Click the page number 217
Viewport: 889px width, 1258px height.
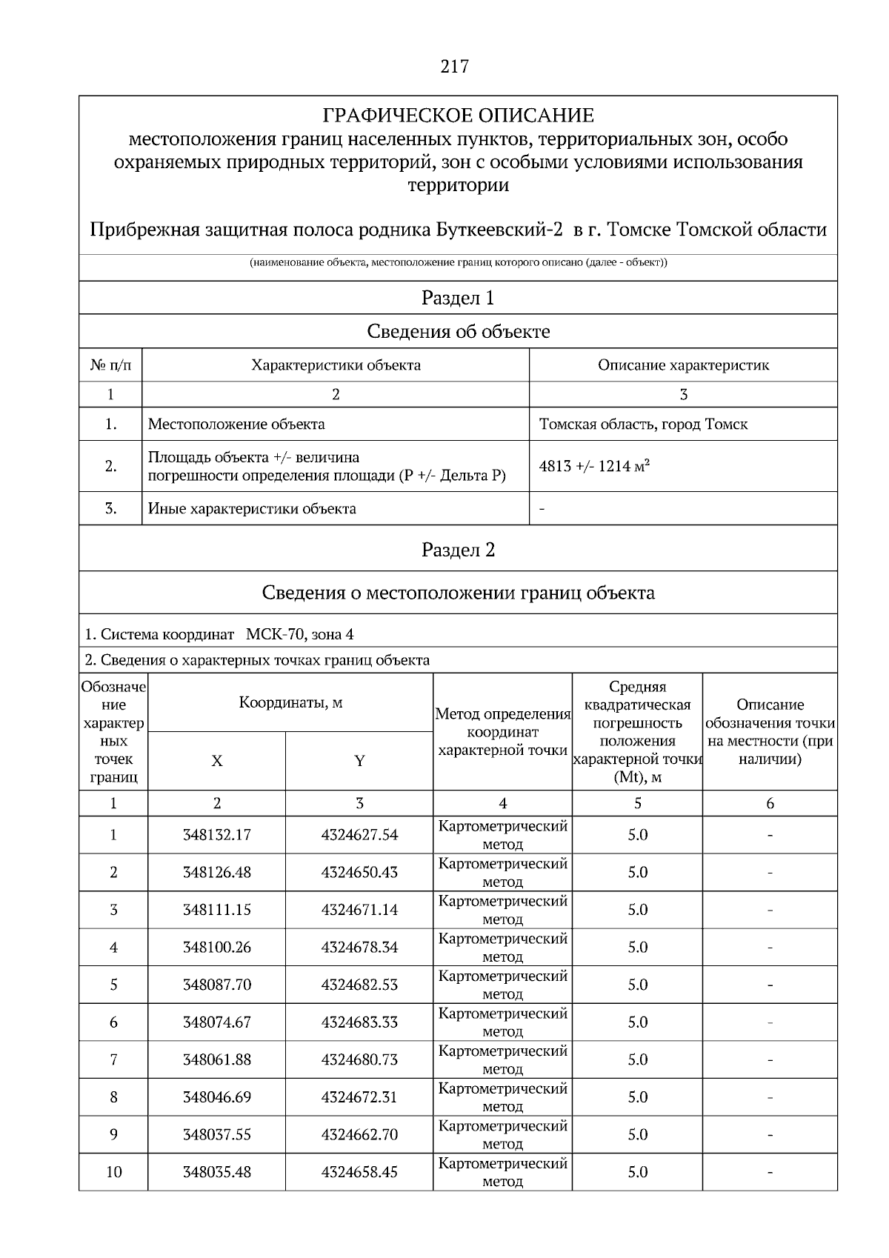pyautogui.click(x=454, y=67)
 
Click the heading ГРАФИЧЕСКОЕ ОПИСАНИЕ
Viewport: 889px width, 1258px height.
pyautogui.click(x=458, y=116)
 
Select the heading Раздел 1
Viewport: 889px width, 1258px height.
pyautogui.click(x=458, y=298)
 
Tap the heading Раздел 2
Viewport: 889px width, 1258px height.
pyautogui.click(x=458, y=550)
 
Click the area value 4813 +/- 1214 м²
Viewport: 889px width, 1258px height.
pyautogui.click(x=595, y=466)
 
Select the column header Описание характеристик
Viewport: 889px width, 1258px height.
pyautogui.click(x=683, y=365)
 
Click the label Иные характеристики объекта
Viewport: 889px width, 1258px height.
pyautogui.click(x=252, y=509)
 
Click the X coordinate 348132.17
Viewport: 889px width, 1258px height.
pyautogui.click(x=216, y=835)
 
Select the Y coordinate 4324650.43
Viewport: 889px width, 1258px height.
pyautogui.click(x=359, y=872)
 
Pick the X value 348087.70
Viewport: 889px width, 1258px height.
pyautogui.click(x=216, y=985)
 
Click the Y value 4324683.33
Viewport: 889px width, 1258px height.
pyautogui.click(x=359, y=1022)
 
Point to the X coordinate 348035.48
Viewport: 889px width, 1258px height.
pyautogui.click(x=216, y=1172)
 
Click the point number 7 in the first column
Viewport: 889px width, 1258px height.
pyautogui.click(x=113, y=1059)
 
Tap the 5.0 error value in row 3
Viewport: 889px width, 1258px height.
pyautogui.click(x=637, y=910)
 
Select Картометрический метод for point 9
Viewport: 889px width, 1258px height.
pyautogui.click(x=502, y=1134)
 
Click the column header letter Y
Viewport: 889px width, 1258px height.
pyautogui.click(x=359, y=761)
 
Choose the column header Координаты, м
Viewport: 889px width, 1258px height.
pyautogui.click(x=290, y=702)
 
